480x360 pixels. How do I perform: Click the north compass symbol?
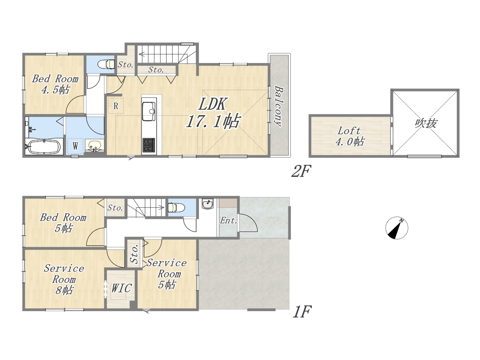click(396, 228)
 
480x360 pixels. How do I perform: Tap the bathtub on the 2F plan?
click(44, 147)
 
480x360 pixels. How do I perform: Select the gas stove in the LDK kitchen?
click(149, 145)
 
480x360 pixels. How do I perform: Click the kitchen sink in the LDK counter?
click(149, 112)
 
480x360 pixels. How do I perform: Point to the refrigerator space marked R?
click(115, 106)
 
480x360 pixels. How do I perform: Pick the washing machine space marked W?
click(75, 146)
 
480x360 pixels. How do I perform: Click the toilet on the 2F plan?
click(106, 64)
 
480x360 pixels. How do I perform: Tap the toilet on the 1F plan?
click(176, 207)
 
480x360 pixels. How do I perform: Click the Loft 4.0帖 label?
click(349, 136)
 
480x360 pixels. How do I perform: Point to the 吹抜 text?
click(426, 123)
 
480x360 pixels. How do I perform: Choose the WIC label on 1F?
click(121, 288)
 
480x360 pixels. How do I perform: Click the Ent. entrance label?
click(228, 220)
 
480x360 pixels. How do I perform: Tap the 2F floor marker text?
click(301, 171)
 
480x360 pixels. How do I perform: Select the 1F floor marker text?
click(301, 312)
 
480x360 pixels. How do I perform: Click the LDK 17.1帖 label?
click(213, 112)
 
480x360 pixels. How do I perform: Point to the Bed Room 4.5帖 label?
click(55, 84)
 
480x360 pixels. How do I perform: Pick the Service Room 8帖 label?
click(64, 280)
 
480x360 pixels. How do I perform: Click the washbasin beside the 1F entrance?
click(207, 204)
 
